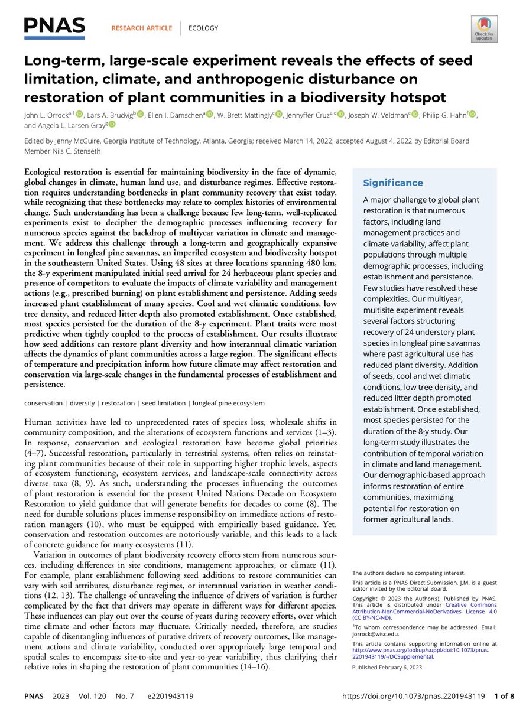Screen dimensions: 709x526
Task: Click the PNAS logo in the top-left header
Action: coord(54,27)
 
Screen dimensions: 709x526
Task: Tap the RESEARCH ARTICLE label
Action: coord(141,28)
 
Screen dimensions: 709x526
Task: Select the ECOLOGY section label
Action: coord(203,28)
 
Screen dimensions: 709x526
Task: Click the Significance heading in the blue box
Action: coord(392,183)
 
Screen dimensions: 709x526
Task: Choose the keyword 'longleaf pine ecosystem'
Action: coord(227,403)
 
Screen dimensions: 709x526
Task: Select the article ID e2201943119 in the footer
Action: coord(161,696)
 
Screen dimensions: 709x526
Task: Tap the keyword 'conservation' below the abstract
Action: coord(43,403)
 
